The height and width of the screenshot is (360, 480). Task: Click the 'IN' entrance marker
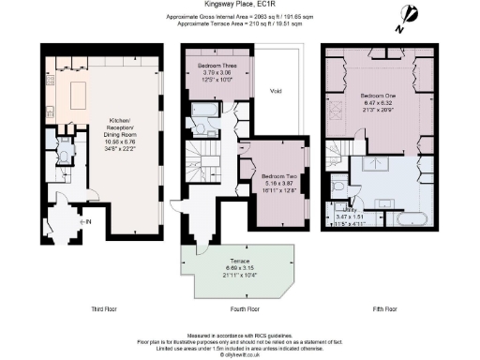pos(88,221)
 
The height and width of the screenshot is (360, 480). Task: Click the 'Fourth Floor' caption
pos(240,307)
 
